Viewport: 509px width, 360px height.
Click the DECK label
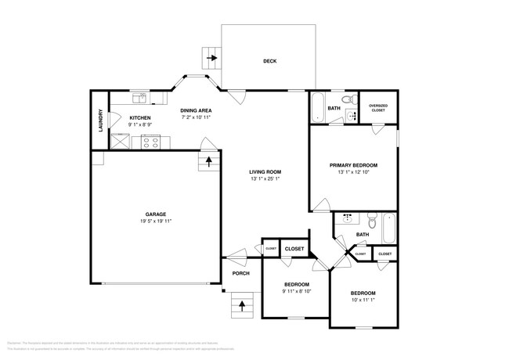tap(269, 61)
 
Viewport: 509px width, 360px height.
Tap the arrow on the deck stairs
tap(210, 57)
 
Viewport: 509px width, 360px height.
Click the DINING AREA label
tap(196, 111)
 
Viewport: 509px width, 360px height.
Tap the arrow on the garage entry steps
tap(209, 161)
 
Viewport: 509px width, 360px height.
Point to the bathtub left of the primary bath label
tap(316, 108)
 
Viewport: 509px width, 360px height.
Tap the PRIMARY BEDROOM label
tap(353, 165)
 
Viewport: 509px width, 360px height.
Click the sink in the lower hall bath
tap(346, 219)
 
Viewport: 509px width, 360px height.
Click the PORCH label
tap(240, 273)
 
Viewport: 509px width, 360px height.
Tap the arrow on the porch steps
tap(242, 304)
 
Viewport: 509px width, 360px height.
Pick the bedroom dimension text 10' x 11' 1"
tap(363, 299)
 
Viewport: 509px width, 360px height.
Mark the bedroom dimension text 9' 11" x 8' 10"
tap(296, 291)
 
